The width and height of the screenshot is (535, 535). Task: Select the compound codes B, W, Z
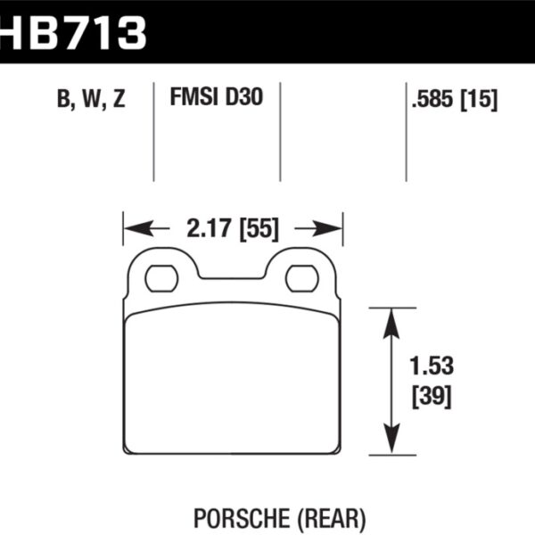tap(92, 100)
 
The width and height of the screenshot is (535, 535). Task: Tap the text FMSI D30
tap(216, 99)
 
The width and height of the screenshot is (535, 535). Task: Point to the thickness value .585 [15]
tap(455, 100)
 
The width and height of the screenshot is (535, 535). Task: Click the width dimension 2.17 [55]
tap(233, 229)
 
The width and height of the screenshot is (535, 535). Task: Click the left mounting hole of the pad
tap(161, 279)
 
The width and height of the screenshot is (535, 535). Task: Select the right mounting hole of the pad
tap(301, 279)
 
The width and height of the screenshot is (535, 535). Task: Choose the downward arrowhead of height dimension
tap(390, 446)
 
